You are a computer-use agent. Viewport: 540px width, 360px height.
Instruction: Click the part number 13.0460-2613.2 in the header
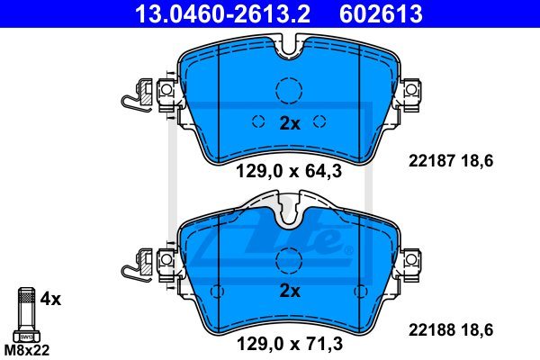(x=222, y=13)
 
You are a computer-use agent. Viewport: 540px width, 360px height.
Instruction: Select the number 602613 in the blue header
(x=381, y=13)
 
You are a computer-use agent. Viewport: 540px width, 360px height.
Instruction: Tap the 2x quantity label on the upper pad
(x=290, y=123)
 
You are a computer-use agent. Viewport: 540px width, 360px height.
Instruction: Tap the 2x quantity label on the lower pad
(x=290, y=291)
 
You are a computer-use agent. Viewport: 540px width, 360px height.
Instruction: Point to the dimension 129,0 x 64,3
(x=289, y=171)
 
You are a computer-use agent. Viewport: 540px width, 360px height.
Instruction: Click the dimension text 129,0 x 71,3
(x=290, y=344)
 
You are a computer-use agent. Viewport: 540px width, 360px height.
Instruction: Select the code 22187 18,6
(x=451, y=161)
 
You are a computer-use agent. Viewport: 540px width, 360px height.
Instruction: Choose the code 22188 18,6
(x=451, y=330)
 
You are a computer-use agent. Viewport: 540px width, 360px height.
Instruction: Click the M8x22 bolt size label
(x=27, y=350)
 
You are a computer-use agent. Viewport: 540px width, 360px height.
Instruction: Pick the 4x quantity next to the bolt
(x=50, y=299)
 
